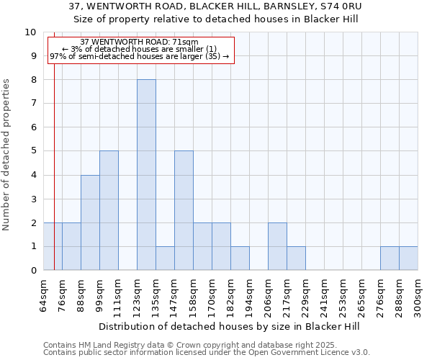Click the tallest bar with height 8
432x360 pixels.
[x=146, y=175]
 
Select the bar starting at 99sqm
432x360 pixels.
[x=109, y=210]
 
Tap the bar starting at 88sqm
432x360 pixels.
[x=90, y=222]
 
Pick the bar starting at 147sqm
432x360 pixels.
[x=184, y=210]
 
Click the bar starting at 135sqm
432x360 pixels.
[x=165, y=258]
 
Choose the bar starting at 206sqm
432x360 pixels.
[x=277, y=246]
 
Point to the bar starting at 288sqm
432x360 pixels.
[x=408, y=258]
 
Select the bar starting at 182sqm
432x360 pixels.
[x=240, y=258]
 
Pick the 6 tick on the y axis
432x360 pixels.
[x=33, y=127]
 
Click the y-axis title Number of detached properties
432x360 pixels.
[x=7, y=155]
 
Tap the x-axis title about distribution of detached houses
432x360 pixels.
[x=230, y=326]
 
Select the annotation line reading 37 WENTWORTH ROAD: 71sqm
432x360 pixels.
[x=140, y=42]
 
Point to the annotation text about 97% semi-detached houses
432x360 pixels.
[x=140, y=56]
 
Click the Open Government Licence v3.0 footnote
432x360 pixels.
[x=207, y=352]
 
